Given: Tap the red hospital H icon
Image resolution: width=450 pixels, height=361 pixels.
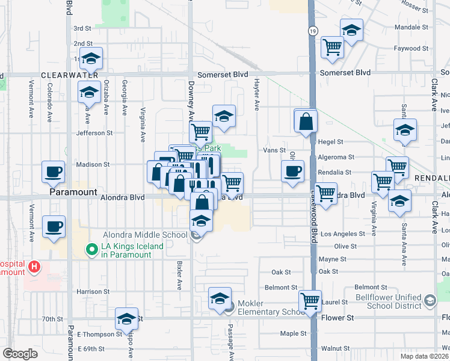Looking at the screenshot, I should tap(35, 266).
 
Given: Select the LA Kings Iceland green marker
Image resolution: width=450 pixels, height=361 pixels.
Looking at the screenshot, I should tap(91, 247).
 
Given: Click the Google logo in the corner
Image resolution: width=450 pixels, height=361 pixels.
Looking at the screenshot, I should tap(20, 354).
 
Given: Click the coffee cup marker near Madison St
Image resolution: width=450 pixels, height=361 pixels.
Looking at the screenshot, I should tap(53, 171).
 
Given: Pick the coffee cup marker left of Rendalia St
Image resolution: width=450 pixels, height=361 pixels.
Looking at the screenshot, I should tap(293, 171).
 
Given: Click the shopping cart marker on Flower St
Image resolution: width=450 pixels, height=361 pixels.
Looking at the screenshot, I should tap(310, 300).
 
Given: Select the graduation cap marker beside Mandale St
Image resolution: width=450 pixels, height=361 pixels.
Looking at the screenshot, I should tap(351, 29).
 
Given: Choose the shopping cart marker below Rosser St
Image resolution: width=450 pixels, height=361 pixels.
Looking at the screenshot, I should tap(332, 48).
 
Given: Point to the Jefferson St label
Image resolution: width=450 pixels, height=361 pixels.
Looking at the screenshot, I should tap(93, 133).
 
